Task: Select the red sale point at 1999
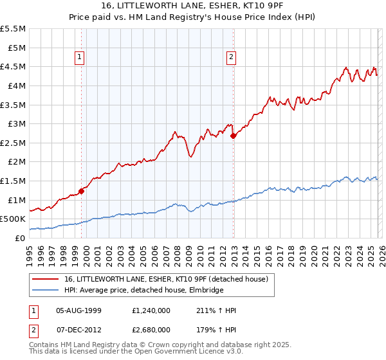(x=82, y=191)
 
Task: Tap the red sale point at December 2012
(x=234, y=136)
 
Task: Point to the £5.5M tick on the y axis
(x=14, y=29)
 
